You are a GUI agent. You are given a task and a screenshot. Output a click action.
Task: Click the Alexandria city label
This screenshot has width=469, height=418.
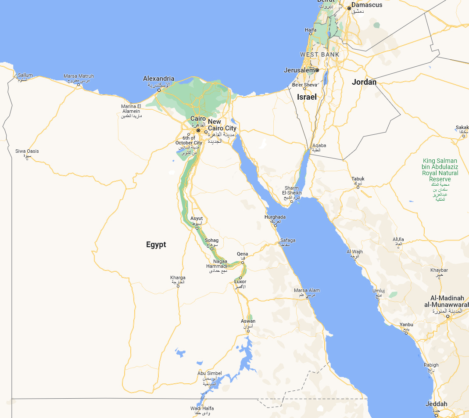click(158, 79)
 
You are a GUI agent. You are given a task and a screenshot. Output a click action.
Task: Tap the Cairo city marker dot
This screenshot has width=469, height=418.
click(198, 130)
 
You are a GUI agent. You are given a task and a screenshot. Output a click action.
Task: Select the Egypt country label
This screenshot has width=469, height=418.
click(156, 245)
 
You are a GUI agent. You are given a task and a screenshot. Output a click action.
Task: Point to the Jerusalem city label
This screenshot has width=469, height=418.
click(300, 70)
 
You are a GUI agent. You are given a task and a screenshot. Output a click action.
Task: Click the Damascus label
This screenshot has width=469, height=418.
click(367, 5)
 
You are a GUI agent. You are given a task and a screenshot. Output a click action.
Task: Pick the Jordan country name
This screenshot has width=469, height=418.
click(364, 82)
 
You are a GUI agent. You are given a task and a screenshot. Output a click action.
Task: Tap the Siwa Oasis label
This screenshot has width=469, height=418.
click(27, 151)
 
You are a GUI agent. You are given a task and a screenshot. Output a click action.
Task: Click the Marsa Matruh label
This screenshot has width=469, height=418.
click(79, 76)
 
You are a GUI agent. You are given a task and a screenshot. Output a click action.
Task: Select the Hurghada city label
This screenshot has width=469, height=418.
click(275, 217)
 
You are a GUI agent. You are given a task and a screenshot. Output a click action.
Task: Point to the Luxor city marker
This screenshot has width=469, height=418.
click(240, 277)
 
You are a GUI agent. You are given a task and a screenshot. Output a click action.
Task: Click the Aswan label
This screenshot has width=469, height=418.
click(248, 321)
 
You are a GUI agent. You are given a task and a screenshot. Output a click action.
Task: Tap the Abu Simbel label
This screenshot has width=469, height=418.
click(210, 373)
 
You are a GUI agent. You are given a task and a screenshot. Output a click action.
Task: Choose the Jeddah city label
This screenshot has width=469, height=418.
click(436, 404)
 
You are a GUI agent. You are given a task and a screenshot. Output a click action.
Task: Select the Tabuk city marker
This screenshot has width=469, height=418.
click(358, 187)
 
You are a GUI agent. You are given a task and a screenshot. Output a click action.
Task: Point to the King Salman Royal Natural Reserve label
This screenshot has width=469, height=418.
click(440, 170)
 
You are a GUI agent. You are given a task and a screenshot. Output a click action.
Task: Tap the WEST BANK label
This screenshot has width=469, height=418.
click(319, 54)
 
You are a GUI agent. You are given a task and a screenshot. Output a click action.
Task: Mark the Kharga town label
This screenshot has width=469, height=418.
click(178, 277)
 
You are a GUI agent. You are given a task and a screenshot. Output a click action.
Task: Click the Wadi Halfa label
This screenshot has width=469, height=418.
click(202, 408)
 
